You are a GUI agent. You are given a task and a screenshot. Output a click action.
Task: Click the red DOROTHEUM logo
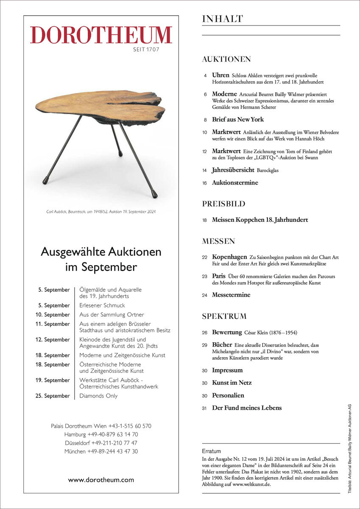point(101,35)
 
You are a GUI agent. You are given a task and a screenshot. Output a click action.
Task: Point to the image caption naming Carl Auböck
point(101,211)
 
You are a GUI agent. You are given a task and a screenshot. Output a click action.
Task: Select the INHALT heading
point(223,19)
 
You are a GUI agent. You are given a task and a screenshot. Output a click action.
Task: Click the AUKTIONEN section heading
point(226,59)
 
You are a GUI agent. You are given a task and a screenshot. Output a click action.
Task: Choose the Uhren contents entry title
point(220,75)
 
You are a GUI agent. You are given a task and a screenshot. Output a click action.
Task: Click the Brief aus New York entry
point(237,120)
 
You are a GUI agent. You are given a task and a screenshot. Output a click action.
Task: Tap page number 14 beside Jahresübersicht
point(204,170)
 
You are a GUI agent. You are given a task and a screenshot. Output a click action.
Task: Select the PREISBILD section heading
point(223,204)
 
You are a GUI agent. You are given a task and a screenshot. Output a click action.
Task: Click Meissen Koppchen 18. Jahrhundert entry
point(260,220)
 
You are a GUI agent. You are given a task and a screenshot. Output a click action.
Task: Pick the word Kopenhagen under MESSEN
point(229,257)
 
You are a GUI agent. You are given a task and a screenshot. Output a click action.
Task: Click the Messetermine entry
point(231,295)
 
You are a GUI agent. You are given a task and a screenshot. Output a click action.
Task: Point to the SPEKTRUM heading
point(224,316)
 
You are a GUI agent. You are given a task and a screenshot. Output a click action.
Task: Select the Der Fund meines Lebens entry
point(246,408)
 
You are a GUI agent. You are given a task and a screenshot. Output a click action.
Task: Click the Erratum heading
point(211,451)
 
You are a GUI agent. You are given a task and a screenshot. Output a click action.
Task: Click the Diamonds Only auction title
point(98,396)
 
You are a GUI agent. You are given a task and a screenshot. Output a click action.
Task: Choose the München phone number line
point(101,452)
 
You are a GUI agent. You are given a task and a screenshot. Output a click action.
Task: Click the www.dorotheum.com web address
point(101,480)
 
